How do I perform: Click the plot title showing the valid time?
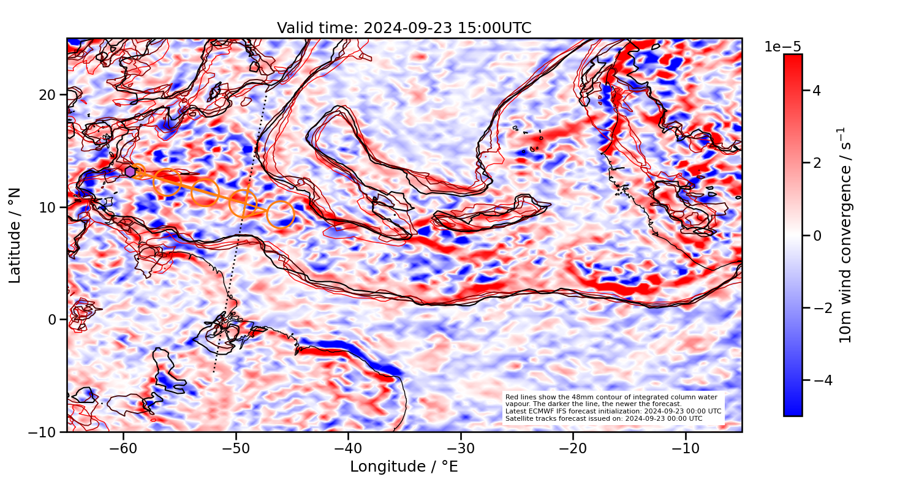click(x=404, y=28)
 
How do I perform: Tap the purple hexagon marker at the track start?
click(x=130, y=171)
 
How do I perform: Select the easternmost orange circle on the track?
click(x=281, y=214)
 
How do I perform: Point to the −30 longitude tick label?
click(x=461, y=448)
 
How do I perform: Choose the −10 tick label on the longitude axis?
click(x=686, y=448)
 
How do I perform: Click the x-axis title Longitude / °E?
click(x=404, y=467)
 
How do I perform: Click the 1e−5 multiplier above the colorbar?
click(x=782, y=47)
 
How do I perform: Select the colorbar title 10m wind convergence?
click(x=846, y=236)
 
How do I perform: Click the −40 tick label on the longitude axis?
click(x=348, y=448)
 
